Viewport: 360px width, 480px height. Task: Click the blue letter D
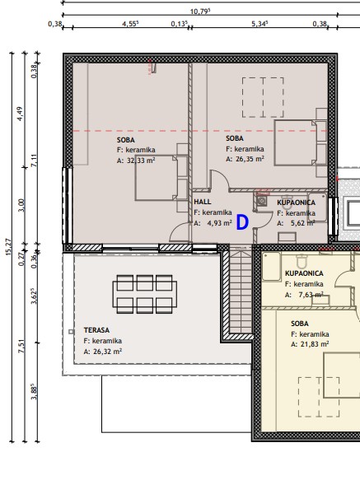242,222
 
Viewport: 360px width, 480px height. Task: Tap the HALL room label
203,202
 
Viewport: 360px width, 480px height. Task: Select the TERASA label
96,330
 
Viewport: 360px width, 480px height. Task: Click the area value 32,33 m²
140,160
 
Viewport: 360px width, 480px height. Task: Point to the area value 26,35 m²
250,159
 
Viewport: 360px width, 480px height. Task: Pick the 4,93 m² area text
219,223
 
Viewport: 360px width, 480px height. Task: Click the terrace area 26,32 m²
107,352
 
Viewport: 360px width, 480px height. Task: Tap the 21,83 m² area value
315,344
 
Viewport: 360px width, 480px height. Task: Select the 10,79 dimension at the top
200,12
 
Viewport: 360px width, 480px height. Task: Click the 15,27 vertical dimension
8,247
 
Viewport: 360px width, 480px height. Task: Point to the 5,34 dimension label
259,24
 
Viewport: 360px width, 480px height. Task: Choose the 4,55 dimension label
130,24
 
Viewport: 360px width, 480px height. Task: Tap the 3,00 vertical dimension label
21,205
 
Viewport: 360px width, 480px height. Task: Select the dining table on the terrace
145,294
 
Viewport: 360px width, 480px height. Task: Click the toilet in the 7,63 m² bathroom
302,261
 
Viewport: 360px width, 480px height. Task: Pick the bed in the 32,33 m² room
161,178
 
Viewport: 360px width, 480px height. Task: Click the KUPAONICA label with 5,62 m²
296,203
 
